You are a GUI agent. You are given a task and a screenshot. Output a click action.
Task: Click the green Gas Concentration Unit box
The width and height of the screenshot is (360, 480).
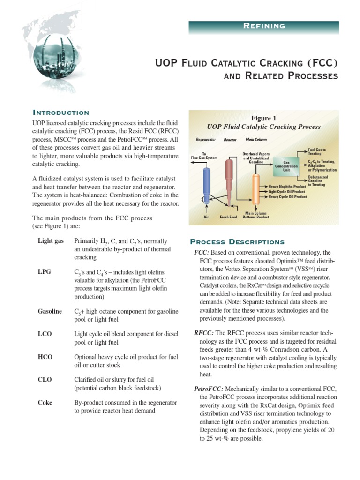tap(286, 166)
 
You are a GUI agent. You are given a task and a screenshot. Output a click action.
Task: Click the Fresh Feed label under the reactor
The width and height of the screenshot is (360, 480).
tap(229, 217)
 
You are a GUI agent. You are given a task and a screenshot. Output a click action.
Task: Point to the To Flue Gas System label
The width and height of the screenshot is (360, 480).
tap(204, 156)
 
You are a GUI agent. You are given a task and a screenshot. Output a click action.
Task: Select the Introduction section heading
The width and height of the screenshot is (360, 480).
tap(60, 112)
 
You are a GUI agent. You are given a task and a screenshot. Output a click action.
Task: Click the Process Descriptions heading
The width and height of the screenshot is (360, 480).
tap(237, 242)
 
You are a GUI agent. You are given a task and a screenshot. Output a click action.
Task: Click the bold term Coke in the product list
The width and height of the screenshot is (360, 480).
tap(45, 403)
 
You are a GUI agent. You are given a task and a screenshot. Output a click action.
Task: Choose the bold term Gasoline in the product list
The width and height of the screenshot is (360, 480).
tap(50, 311)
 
